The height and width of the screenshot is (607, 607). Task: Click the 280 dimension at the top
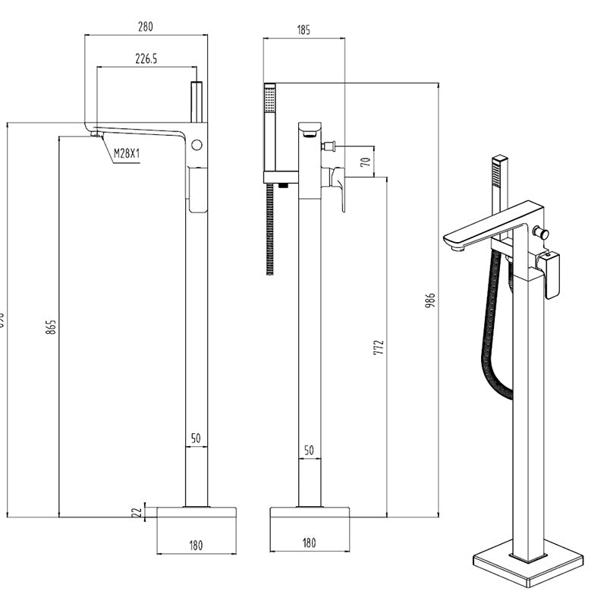[x=145, y=27]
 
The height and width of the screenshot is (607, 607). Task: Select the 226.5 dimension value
[x=145, y=58]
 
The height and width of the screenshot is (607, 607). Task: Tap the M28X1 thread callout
[x=127, y=154]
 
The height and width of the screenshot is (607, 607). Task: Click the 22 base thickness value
[x=137, y=512]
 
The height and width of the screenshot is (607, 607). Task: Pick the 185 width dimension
[x=303, y=31]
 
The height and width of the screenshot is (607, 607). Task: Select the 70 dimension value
[x=365, y=162]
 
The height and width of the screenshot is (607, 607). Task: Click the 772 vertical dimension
[x=379, y=348]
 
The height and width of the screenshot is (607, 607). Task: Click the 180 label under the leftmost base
[x=196, y=544]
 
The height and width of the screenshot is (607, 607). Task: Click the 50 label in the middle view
[x=309, y=451]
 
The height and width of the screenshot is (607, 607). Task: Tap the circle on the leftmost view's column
[x=198, y=144]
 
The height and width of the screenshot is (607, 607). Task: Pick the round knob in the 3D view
[x=543, y=232]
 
